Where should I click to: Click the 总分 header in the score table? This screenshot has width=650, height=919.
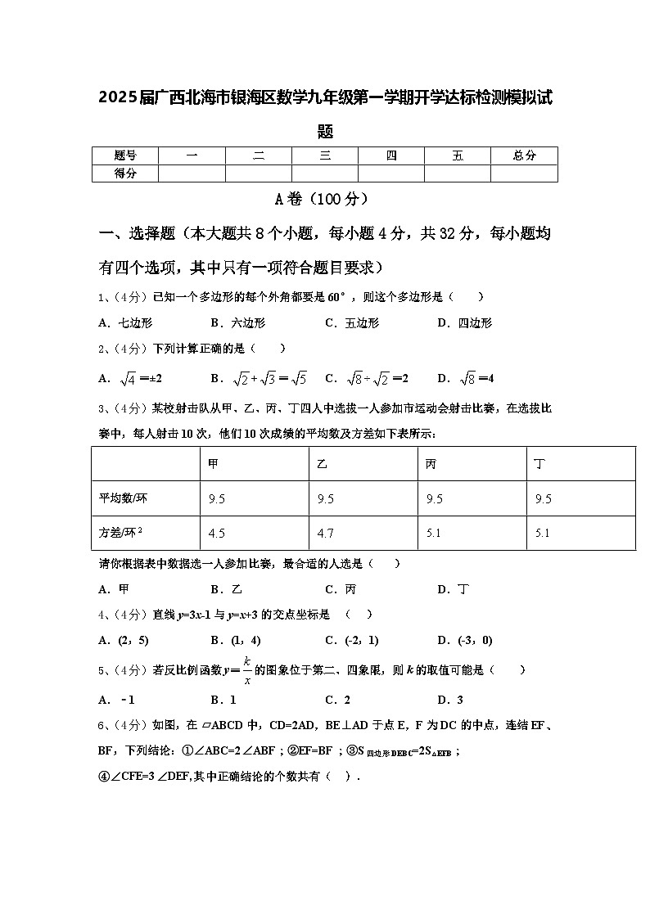tap(524, 155)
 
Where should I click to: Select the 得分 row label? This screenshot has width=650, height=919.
tap(124, 173)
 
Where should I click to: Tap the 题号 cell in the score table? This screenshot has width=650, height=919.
tap(124, 155)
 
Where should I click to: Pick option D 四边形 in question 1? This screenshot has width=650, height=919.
tap(465, 323)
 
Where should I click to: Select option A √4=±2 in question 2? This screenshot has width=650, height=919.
tap(131, 378)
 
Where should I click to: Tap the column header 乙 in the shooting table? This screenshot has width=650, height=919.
tap(322, 464)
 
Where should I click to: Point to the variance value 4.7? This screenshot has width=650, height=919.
tap(325, 533)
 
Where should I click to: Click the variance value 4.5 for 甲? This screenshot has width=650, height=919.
tap(217, 533)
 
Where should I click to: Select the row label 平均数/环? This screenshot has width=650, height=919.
tap(123, 498)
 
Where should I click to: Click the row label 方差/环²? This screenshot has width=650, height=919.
tap(121, 533)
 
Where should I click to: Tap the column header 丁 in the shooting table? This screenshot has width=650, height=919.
tap(539, 464)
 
